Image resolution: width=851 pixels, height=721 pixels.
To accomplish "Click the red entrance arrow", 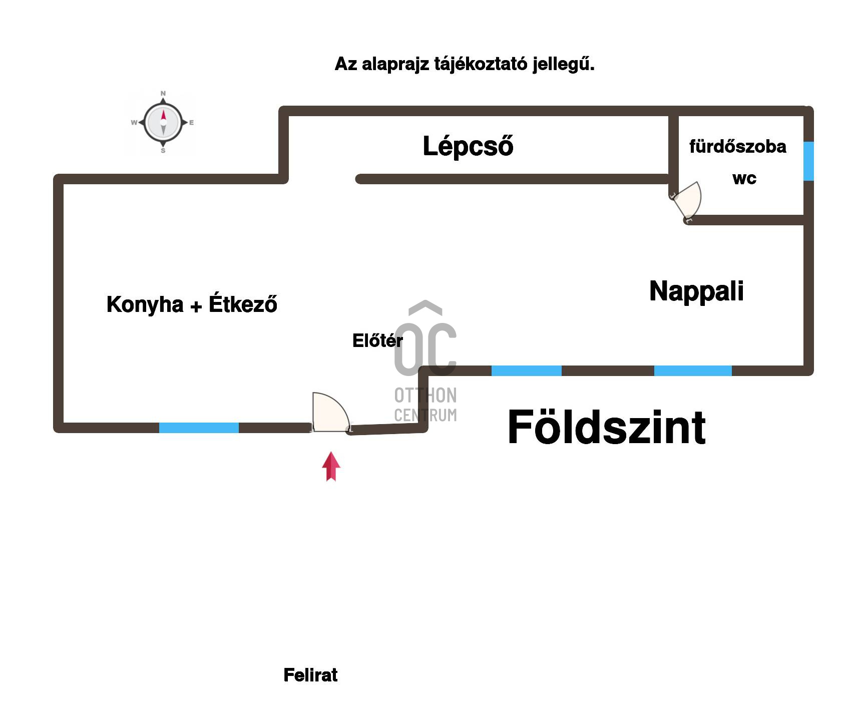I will point(331,466).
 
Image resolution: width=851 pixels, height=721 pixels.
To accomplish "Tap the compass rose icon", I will point(163,122).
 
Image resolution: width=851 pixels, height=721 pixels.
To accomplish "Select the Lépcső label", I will point(468,146).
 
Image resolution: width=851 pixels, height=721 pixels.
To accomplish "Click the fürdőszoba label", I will point(737,147).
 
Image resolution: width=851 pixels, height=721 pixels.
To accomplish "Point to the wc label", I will point(744,179).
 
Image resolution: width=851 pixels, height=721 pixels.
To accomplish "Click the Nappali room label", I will point(696,291).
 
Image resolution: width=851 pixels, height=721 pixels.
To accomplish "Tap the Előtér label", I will point(377,341).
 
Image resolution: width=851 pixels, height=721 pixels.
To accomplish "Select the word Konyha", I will point(145,304).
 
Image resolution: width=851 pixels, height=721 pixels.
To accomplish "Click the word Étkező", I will point(243,304).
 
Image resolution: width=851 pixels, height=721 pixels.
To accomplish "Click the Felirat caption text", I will point(310,675).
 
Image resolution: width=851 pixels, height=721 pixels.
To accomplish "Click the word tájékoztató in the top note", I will point(481,65).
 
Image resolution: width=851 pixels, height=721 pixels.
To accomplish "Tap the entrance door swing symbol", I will point(328,413).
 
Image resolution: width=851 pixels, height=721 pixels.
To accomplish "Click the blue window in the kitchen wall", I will point(199,428).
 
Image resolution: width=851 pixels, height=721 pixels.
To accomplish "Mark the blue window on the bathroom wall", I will point(808,161).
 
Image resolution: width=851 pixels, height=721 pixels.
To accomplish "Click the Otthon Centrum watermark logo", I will point(425,360).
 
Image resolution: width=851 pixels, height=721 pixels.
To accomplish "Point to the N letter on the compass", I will point(163,94).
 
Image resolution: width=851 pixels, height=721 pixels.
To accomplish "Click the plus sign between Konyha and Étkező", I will point(196,306).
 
